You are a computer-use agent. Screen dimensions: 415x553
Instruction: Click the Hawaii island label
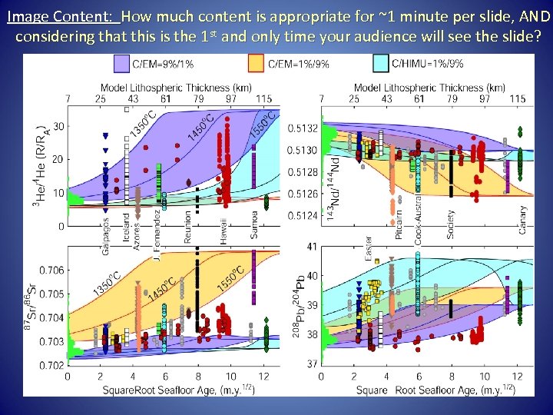(x=224, y=229)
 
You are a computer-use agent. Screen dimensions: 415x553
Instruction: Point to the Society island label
(x=451, y=222)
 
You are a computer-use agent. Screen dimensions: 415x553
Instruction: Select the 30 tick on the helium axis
(x=60, y=126)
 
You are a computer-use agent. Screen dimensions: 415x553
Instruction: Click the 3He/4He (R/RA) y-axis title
(x=39, y=162)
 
